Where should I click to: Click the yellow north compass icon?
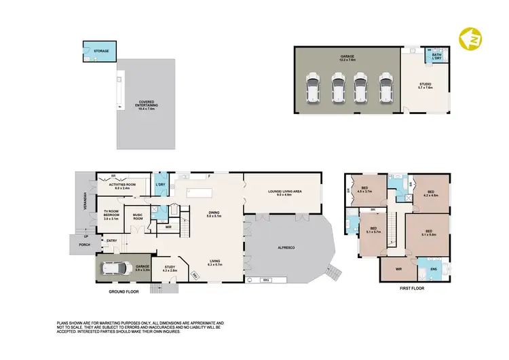[x=468, y=40]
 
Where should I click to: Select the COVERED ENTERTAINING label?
[x=145, y=101]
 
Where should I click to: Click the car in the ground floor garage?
[x=117, y=269]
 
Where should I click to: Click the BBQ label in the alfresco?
[x=267, y=279]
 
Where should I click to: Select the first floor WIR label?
[x=398, y=269]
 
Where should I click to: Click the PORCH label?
[x=84, y=244]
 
